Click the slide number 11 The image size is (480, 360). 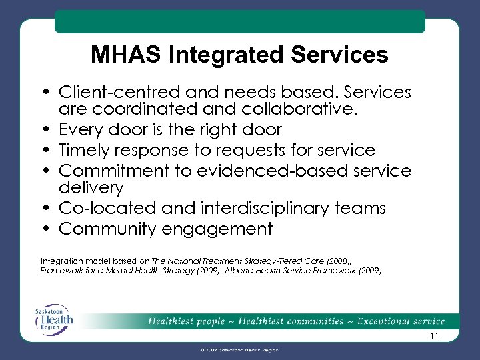435,337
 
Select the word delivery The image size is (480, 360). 91,188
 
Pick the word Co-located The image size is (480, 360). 97,209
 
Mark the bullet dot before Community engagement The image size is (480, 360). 50,229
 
